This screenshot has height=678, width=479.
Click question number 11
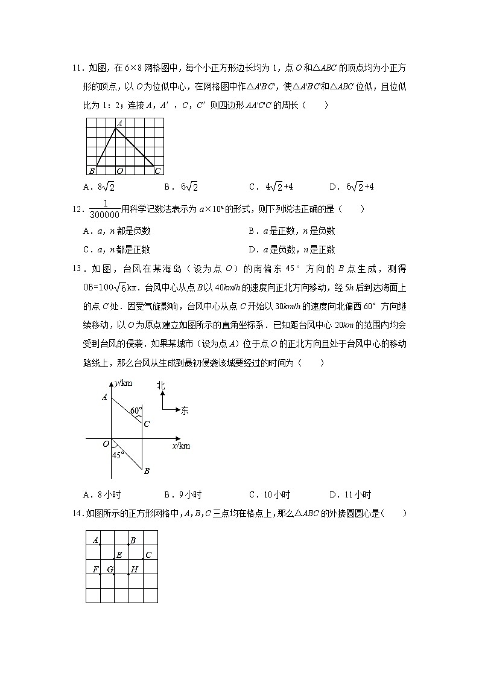point(77,68)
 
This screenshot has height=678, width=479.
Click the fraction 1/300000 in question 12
point(104,209)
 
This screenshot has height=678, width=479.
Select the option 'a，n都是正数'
point(117,249)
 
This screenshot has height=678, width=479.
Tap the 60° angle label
point(136,411)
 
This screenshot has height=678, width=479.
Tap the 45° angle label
point(118,455)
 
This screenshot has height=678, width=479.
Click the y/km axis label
point(123,383)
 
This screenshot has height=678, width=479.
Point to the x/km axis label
point(181,446)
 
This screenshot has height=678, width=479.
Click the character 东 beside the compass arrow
point(185,411)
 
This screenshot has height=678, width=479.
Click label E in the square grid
point(119,555)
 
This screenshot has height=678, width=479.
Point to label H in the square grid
point(134,569)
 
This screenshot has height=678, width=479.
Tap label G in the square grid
point(110,569)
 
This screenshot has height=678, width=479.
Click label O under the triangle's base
point(119,171)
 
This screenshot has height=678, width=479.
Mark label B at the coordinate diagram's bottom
point(146,471)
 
